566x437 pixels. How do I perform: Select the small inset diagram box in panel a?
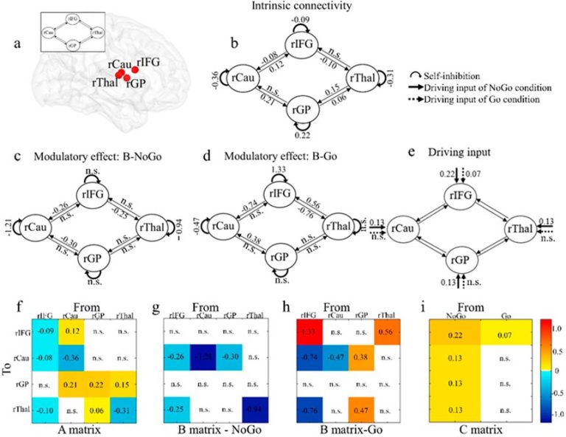[x=73, y=33]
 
